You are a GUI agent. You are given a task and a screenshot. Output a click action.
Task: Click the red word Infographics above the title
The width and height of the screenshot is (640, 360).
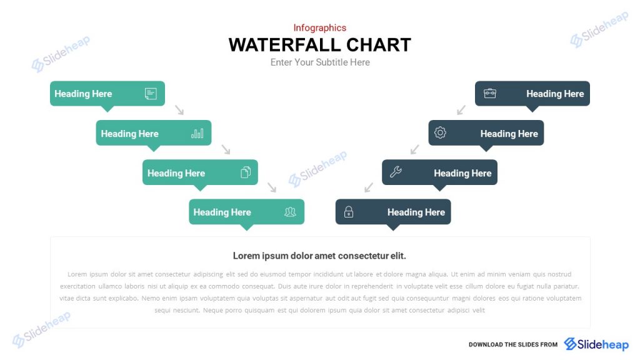pyautogui.click(x=319, y=27)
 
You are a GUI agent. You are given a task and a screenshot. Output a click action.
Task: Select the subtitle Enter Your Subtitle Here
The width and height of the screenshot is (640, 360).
pyautogui.click(x=320, y=62)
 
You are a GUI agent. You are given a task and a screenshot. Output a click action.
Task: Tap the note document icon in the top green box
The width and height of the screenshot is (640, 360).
pyautogui.click(x=151, y=94)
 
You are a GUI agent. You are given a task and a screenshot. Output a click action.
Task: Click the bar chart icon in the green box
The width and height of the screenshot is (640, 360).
pyautogui.click(x=197, y=133)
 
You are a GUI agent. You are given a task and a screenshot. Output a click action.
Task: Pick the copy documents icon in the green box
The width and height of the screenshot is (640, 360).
pyautogui.click(x=246, y=172)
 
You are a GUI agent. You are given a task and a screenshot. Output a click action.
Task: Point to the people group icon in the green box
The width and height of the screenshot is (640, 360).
pyautogui.click(x=290, y=212)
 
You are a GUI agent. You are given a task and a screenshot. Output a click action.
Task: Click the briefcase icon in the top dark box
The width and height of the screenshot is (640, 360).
pyautogui.click(x=490, y=93)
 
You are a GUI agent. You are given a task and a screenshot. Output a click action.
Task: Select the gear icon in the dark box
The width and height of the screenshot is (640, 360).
pyautogui.click(x=440, y=132)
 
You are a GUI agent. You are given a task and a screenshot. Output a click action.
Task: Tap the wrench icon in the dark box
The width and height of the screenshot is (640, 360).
pyautogui.click(x=396, y=172)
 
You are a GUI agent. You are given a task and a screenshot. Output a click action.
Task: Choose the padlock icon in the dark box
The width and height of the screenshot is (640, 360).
pyautogui.click(x=349, y=212)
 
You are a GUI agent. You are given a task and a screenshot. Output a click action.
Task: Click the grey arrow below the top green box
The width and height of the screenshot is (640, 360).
pyautogui.click(x=179, y=110)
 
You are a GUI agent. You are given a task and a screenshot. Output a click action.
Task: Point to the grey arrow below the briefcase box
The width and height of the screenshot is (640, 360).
pyautogui.click(x=461, y=110)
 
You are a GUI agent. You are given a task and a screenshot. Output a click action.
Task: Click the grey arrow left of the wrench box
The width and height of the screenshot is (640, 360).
pyautogui.click(x=369, y=187)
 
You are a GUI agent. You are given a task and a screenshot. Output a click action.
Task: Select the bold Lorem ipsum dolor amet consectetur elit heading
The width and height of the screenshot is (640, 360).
pyautogui.click(x=319, y=256)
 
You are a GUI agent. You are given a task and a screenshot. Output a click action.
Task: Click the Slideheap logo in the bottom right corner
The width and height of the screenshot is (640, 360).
pyautogui.click(x=596, y=344)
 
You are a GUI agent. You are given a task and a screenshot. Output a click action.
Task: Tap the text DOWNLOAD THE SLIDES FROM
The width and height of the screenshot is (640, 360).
pyautogui.click(x=513, y=344)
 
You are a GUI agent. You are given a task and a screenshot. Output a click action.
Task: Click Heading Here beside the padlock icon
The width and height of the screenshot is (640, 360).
pyautogui.click(x=416, y=212)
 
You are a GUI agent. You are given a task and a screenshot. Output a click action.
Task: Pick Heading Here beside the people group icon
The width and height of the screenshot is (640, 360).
pyautogui.click(x=222, y=212)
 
